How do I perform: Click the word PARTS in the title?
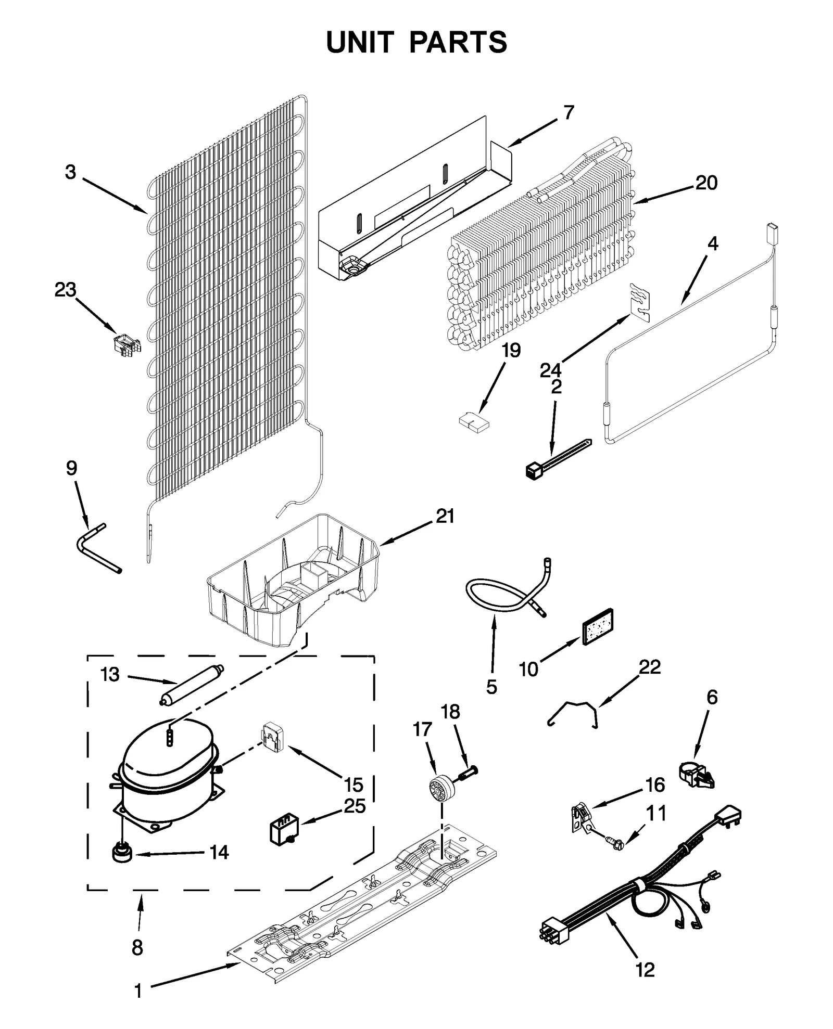[x=458, y=43]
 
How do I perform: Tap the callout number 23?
[x=65, y=290]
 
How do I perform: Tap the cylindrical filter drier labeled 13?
[x=191, y=685]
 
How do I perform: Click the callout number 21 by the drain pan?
[x=445, y=517]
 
